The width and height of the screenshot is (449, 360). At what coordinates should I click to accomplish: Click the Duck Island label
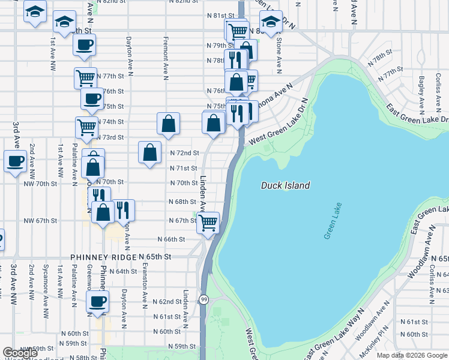tap(285, 185)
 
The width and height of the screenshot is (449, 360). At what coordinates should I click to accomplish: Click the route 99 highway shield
tap(204, 299)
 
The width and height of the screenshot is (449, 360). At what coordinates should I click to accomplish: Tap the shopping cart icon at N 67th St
tap(208, 223)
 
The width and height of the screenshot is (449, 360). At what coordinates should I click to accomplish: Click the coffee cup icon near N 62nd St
tap(98, 302)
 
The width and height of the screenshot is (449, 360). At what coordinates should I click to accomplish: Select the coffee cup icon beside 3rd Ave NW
tap(15, 161)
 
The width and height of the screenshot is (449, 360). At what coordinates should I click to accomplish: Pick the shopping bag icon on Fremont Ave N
tap(169, 124)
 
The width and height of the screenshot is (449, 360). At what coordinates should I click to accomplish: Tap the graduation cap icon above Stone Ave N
tap(271, 22)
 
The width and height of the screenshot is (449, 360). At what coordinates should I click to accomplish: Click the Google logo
tap(20, 353)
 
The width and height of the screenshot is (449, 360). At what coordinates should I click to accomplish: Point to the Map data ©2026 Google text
tap(411, 355)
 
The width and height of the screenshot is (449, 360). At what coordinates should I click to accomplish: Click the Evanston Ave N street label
tap(145, 286)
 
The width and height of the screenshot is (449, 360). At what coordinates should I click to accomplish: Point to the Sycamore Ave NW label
tap(45, 299)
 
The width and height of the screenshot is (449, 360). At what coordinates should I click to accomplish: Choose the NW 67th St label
tap(40, 221)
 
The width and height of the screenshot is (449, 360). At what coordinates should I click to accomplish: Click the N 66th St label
tap(171, 239)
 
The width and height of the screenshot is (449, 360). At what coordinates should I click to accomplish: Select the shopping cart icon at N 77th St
tap(86, 77)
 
